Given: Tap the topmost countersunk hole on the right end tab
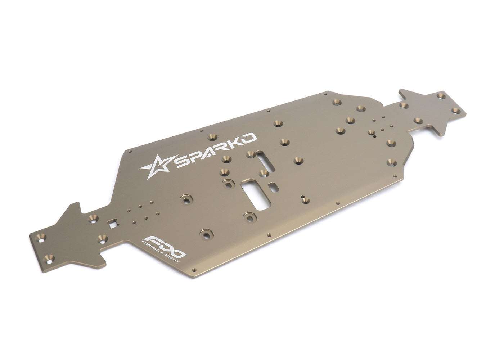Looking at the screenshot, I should tap(440, 96).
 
